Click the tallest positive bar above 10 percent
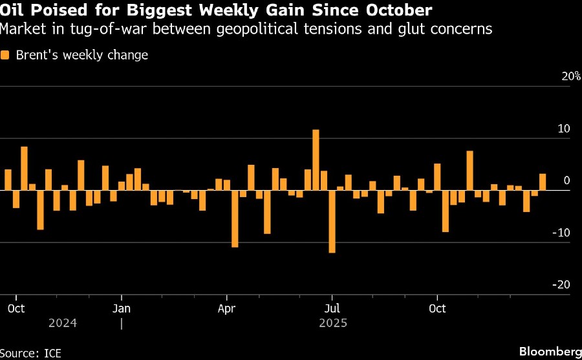316,160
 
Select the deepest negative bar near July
332,221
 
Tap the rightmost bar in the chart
543,182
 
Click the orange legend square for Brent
5,56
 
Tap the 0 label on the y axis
566,181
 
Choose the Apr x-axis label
227,308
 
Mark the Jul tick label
332,308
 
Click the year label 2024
63,323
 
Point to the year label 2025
332,323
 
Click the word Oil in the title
12,11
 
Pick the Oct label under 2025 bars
437,308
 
